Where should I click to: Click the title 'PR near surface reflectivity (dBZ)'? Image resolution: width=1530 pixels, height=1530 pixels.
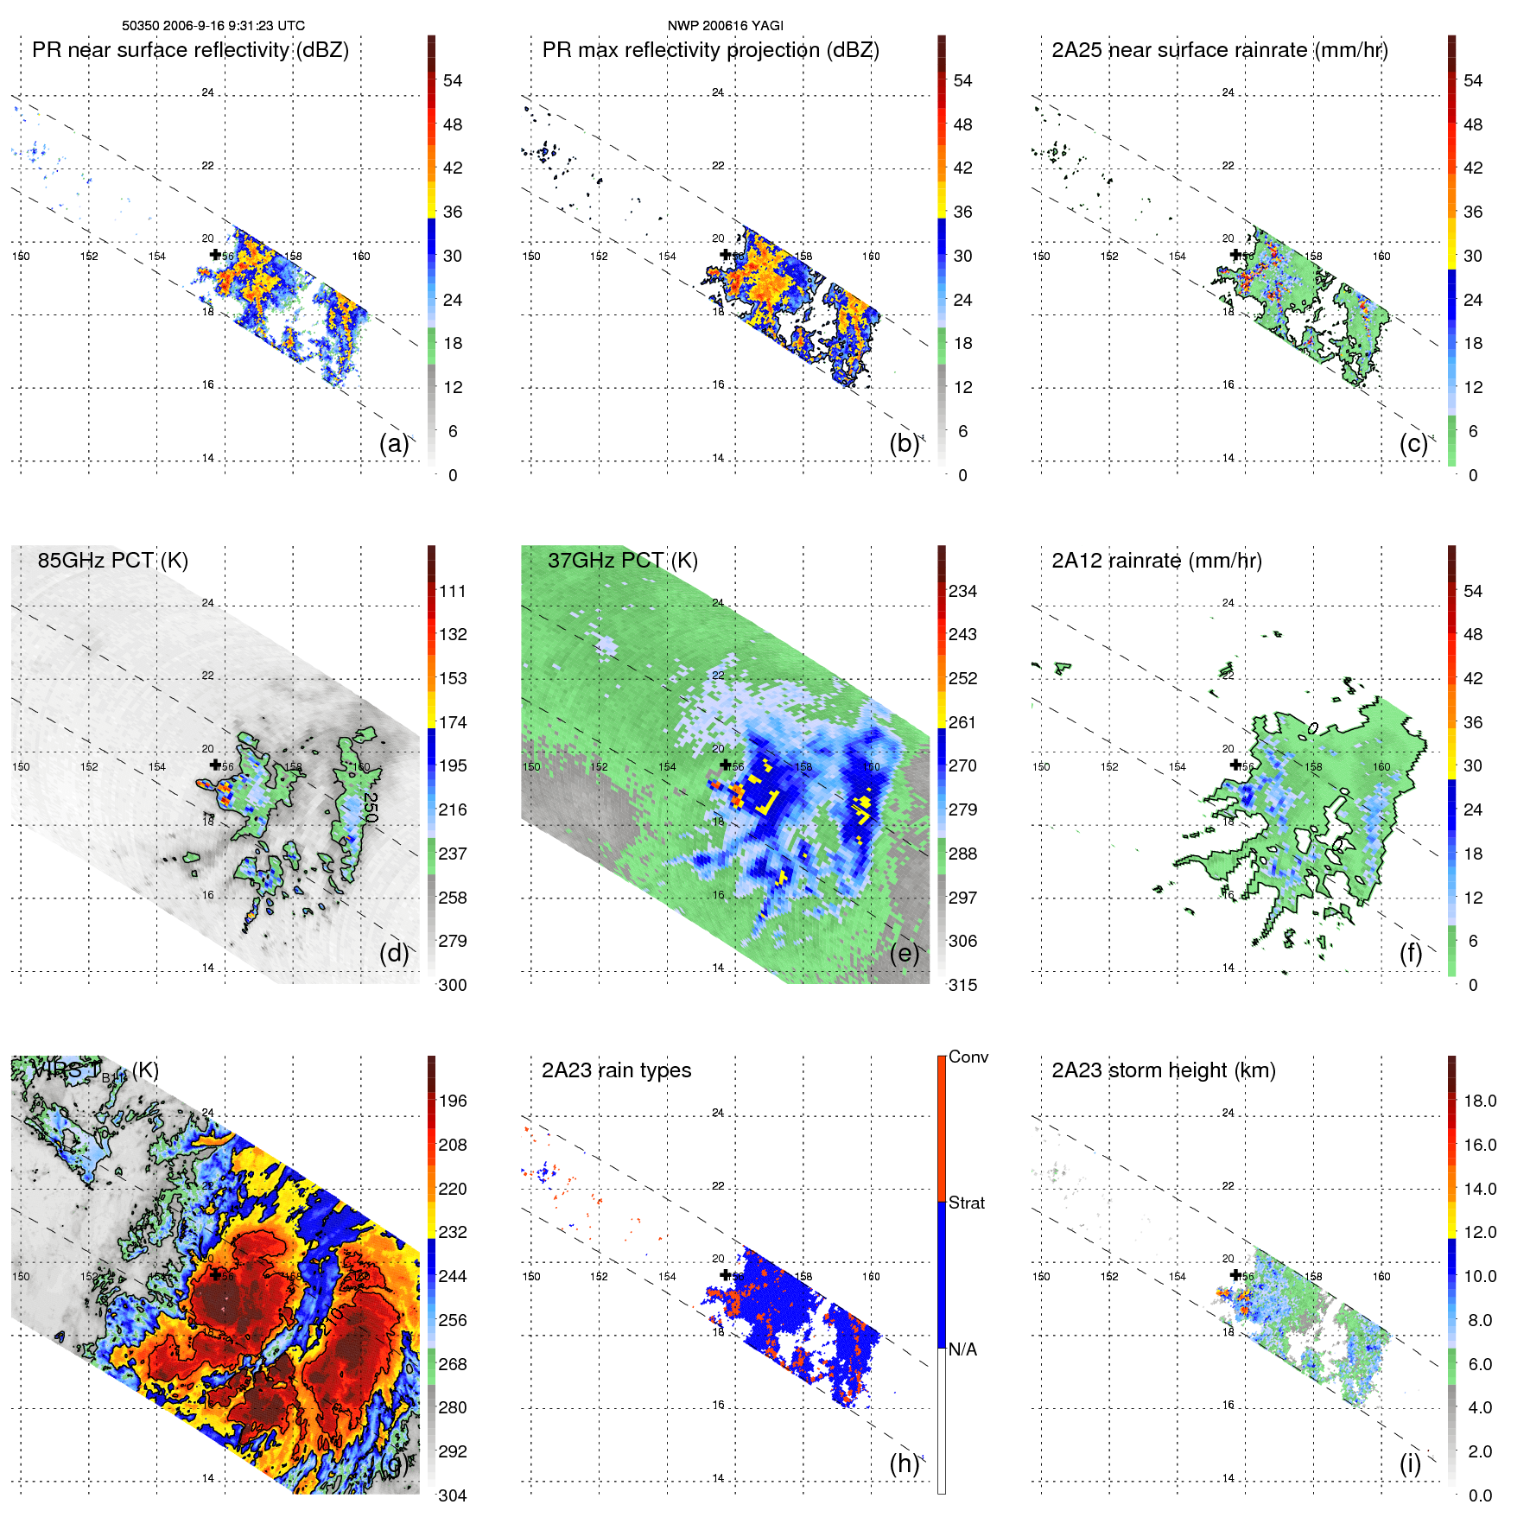pyautogui.click(x=190, y=50)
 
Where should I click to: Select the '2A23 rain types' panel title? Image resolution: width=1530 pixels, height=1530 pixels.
pyautogui.click(x=616, y=1070)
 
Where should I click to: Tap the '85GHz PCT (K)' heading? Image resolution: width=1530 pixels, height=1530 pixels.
pyautogui.click(x=112, y=561)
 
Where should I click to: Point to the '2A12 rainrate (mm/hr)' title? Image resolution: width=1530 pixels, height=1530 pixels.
pyautogui.click(x=1156, y=561)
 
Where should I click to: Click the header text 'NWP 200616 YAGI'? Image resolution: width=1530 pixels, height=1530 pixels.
pyautogui.click(x=725, y=26)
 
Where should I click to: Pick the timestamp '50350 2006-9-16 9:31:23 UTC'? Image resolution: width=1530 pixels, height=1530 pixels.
pyautogui.click(x=213, y=26)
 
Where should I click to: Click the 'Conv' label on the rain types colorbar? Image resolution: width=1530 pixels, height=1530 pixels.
pyautogui.click(x=968, y=1057)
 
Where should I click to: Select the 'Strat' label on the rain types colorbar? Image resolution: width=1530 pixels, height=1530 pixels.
pyautogui.click(x=967, y=1203)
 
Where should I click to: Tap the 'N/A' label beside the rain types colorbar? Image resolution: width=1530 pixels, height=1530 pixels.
pyautogui.click(x=962, y=1349)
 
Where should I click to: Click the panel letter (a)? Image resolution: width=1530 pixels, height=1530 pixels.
pyautogui.click(x=393, y=443)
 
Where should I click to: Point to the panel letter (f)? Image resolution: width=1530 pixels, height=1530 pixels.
pyautogui.click(x=1410, y=953)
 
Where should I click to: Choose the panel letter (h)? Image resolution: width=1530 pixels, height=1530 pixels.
pyautogui.click(x=904, y=1463)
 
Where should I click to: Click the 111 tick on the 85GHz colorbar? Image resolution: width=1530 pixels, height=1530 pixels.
pyautogui.click(x=453, y=591)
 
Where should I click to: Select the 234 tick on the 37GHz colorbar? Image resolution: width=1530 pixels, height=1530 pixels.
pyautogui.click(x=962, y=591)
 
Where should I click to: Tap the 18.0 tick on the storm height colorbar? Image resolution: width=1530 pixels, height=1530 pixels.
pyautogui.click(x=1480, y=1101)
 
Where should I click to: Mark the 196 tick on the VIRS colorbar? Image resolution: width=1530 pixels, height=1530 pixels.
pyautogui.click(x=453, y=1101)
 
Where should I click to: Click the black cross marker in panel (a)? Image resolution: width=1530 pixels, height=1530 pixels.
pyautogui.click(x=215, y=254)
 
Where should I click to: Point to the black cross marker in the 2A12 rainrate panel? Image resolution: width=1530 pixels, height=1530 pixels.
pyautogui.click(x=1235, y=765)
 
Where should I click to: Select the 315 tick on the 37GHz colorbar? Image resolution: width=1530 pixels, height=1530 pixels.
pyautogui.click(x=962, y=985)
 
